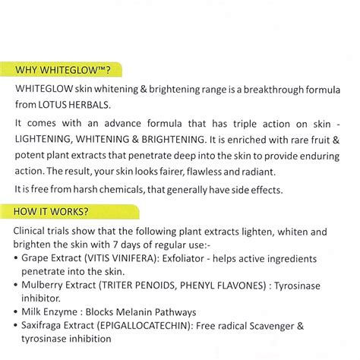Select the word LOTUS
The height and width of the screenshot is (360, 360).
tap(77, 104)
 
